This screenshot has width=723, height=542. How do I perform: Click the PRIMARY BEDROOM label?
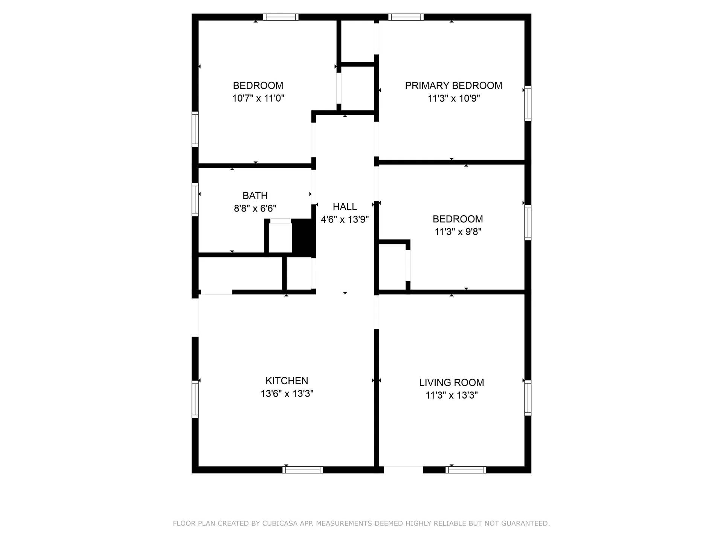point(453,85)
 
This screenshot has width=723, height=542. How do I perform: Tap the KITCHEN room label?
point(287,381)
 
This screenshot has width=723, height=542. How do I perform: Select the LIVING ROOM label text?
point(451,382)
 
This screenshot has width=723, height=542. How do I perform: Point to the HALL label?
point(345,206)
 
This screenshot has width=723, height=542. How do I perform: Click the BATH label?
point(255,195)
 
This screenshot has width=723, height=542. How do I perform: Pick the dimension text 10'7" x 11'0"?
point(258,98)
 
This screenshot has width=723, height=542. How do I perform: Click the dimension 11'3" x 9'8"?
point(458,231)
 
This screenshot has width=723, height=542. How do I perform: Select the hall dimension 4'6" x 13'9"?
point(345,219)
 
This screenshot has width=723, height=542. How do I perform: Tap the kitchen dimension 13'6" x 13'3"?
point(287,394)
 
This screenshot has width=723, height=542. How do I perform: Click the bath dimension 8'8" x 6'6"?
point(255,208)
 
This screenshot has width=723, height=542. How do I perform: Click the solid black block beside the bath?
point(303,237)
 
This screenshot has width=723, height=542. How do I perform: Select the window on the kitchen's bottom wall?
point(303,470)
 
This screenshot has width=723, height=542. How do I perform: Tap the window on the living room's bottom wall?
point(466,470)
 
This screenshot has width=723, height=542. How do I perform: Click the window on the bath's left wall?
point(195,199)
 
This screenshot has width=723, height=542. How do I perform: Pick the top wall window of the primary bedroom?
point(406,17)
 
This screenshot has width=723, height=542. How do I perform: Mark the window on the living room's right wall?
point(528,398)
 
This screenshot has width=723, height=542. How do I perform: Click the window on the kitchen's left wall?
point(195,399)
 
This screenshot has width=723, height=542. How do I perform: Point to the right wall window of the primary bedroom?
point(528,104)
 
